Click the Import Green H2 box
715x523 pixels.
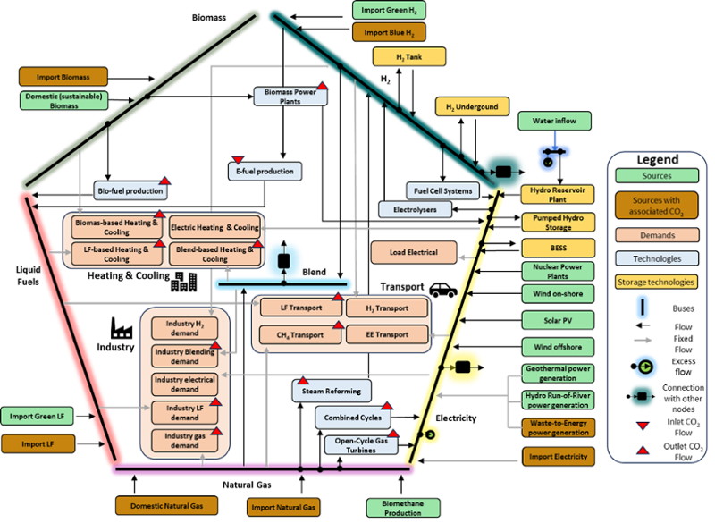coord(388,11)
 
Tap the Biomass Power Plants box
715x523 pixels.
coord(289,97)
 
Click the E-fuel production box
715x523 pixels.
coord(264,171)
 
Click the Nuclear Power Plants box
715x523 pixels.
coord(558,271)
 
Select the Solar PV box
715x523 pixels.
coord(558,320)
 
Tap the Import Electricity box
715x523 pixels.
coord(559,456)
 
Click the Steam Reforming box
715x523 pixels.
coord(332,391)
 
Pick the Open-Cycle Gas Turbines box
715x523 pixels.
coord(362,444)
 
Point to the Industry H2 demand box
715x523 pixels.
coord(183,328)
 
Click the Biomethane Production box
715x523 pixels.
coord(402,508)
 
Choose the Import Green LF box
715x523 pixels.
coord(37,416)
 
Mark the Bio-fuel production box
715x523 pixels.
coord(130,190)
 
